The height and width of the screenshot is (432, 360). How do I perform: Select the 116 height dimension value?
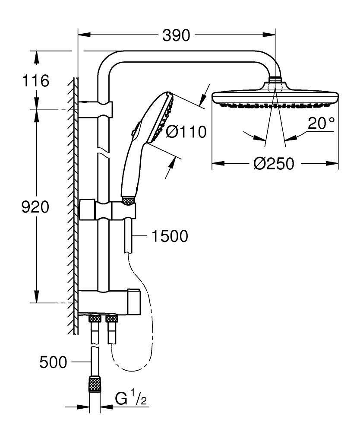(x=37, y=81)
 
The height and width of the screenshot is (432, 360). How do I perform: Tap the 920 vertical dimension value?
(x=35, y=207)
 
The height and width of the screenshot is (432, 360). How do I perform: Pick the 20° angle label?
(x=321, y=124)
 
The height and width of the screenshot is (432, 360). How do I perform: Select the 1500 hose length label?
(x=169, y=236)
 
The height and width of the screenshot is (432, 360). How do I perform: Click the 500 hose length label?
(x=53, y=362)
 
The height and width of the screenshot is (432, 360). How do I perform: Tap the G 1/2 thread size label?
(x=131, y=399)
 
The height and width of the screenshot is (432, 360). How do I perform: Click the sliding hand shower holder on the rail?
(x=108, y=210)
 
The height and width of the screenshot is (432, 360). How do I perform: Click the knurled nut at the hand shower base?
(x=128, y=200)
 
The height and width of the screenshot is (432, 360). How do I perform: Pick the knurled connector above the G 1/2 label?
(x=94, y=383)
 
